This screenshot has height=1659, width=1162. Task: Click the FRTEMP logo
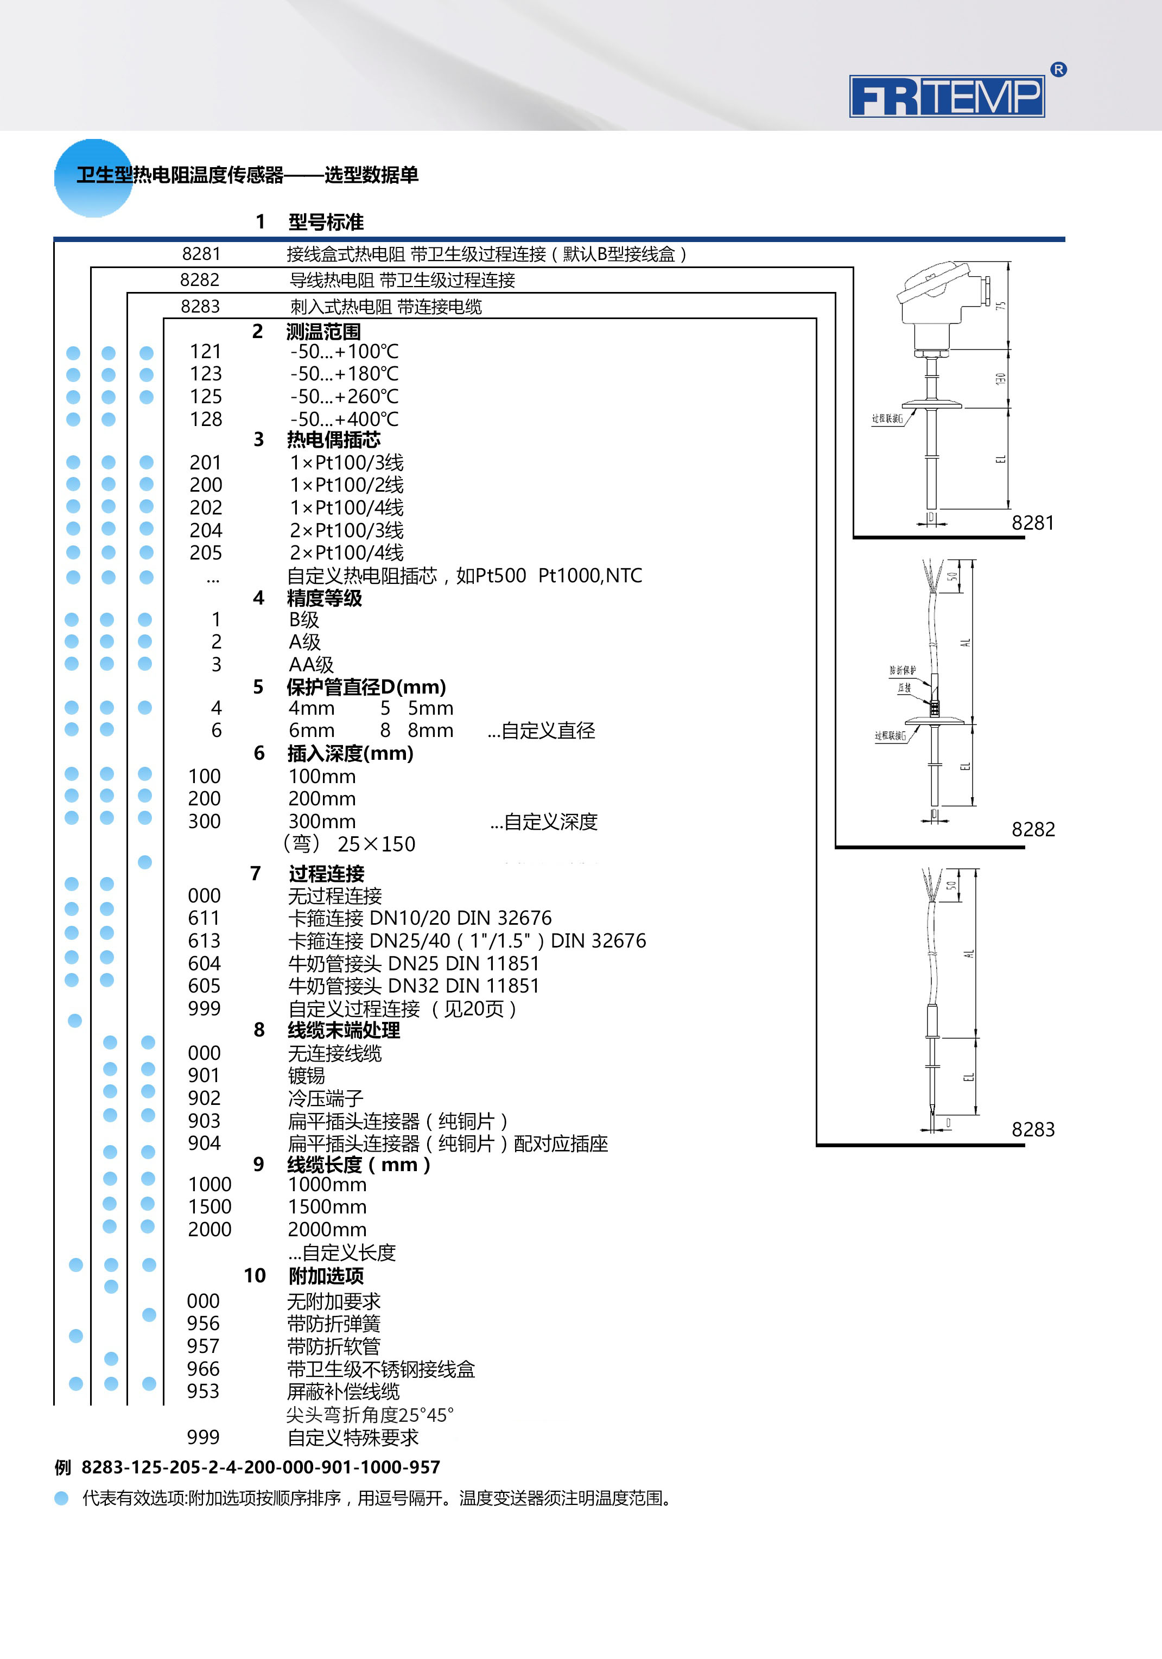(x=947, y=96)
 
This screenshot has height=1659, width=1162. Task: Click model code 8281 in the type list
(x=201, y=253)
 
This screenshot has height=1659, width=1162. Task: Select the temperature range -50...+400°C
(x=344, y=419)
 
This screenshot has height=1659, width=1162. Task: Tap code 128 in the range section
(x=205, y=419)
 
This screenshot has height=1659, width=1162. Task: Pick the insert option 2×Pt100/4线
(x=347, y=553)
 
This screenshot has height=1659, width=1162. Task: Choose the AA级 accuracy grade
(x=311, y=665)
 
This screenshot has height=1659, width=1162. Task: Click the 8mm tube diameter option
(x=430, y=730)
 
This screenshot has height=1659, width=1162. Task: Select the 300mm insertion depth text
(x=322, y=822)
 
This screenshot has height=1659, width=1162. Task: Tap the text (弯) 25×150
(x=349, y=844)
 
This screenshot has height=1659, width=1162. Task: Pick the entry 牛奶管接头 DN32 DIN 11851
(x=414, y=986)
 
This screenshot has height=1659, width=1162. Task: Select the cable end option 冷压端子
(x=325, y=1098)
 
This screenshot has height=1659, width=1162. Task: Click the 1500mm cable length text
(x=327, y=1207)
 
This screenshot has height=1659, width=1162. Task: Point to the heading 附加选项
(x=325, y=1276)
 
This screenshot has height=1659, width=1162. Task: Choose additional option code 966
(x=203, y=1369)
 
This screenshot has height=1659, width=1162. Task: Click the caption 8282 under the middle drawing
(x=1033, y=829)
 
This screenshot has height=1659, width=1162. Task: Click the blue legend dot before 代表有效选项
(x=61, y=1498)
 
